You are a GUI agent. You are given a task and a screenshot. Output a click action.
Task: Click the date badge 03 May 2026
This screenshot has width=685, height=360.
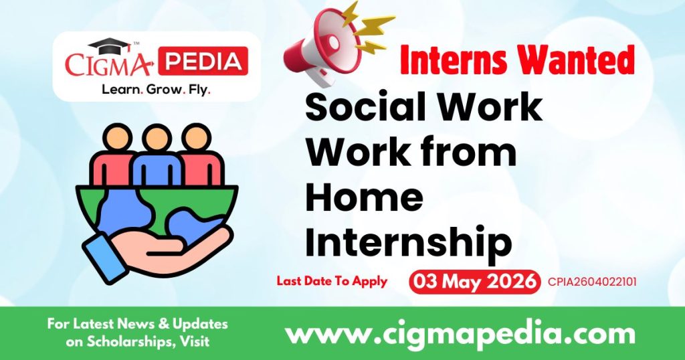click(474, 281)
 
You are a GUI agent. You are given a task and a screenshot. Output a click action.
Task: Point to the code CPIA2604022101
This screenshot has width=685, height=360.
click(591, 282)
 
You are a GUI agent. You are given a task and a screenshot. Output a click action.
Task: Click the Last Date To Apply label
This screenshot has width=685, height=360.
click(332, 281)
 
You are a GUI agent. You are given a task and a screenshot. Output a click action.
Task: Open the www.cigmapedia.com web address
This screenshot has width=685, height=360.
click(460, 333)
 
